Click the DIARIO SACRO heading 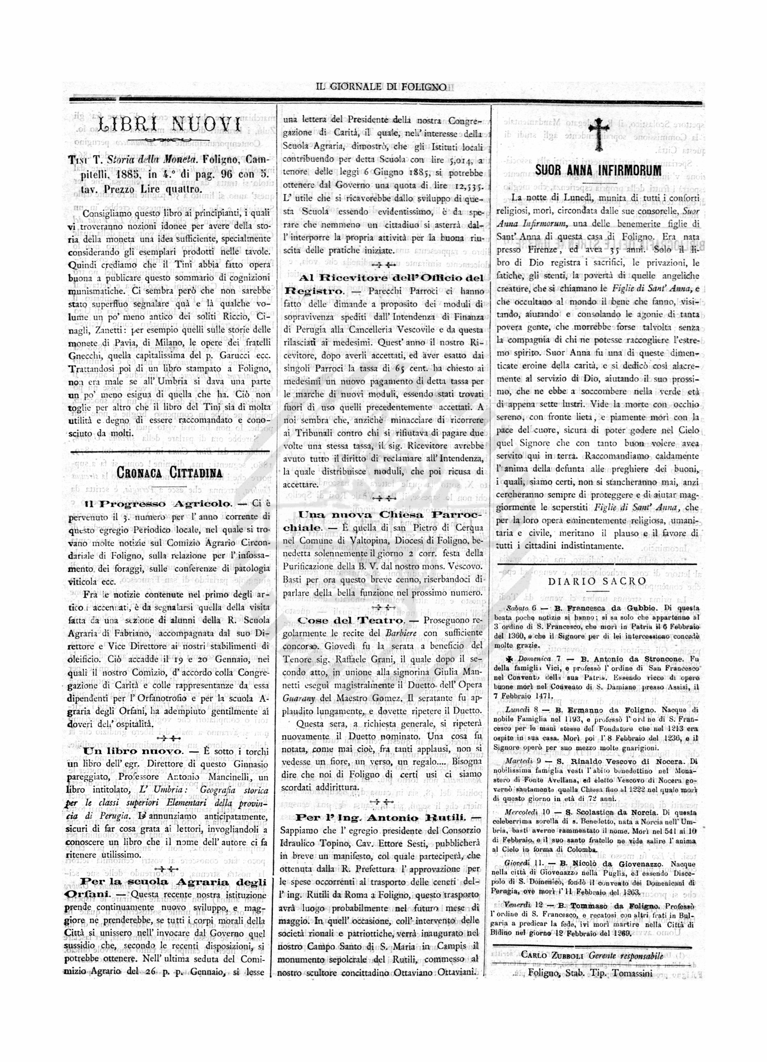pyautogui.click(x=597, y=581)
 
